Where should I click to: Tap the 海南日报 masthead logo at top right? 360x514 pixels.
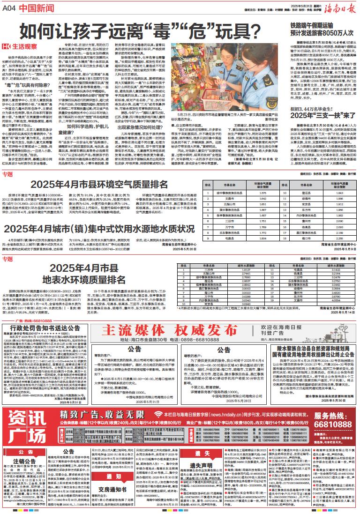(x=337, y=7)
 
